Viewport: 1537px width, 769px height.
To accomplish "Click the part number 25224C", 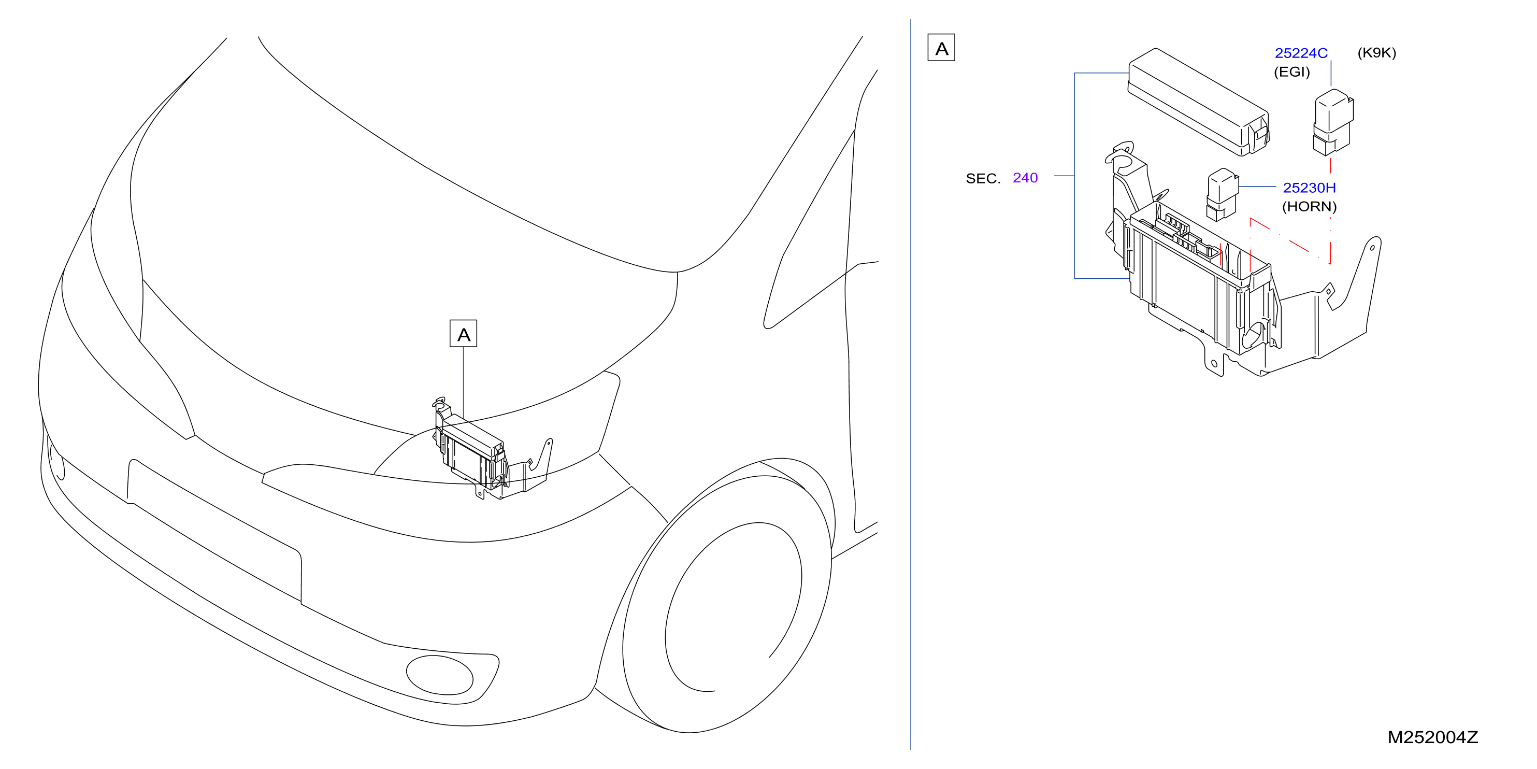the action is click(1301, 53).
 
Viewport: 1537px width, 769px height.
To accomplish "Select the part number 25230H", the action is click(1309, 188).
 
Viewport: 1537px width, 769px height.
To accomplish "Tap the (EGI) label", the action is click(1292, 72).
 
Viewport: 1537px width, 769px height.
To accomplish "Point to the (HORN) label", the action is click(1309, 207).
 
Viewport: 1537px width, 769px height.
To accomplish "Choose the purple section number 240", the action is click(1025, 178).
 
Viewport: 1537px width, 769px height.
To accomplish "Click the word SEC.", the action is click(983, 178).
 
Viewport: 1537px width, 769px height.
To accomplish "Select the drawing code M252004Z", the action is click(1432, 737).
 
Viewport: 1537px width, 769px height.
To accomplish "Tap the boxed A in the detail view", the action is click(942, 48).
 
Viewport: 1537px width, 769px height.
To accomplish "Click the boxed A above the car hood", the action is click(464, 334).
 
